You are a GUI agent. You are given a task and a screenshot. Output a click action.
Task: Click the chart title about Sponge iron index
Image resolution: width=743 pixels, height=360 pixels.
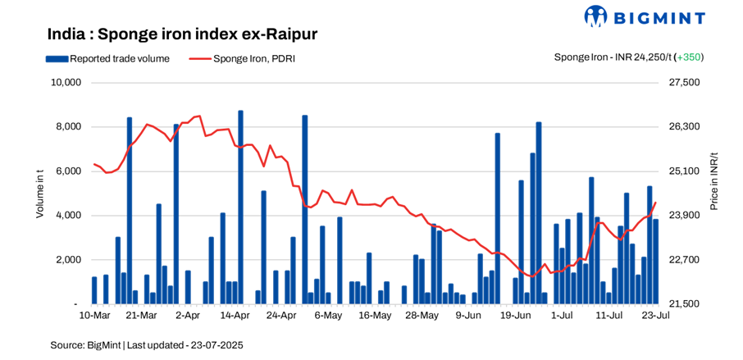(x=182, y=34)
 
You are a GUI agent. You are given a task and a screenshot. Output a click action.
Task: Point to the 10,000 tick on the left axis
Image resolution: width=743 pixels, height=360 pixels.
(x=65, y=83)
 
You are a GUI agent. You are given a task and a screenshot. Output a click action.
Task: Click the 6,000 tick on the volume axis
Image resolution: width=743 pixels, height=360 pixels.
(x=68, y=171)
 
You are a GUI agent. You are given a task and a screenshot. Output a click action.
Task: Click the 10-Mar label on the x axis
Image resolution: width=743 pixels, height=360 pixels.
(x=94, y=315)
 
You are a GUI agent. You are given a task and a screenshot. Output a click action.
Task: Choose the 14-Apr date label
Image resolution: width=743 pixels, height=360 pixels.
(x=235, y=315)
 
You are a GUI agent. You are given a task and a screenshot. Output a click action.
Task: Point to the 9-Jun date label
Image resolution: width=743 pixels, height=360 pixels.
(x=468, y=315)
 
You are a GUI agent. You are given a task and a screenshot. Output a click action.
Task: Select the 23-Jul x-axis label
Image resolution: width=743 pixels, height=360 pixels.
(x=656, y=315)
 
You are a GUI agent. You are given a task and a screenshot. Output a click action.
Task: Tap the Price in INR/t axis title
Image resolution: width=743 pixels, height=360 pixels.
(x=713, y=181)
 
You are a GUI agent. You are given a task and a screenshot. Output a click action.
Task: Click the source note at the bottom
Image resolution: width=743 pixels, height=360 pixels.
(x=147, y=344)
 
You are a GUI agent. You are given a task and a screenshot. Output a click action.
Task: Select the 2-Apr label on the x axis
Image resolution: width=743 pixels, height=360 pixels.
(x=188, y=315)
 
